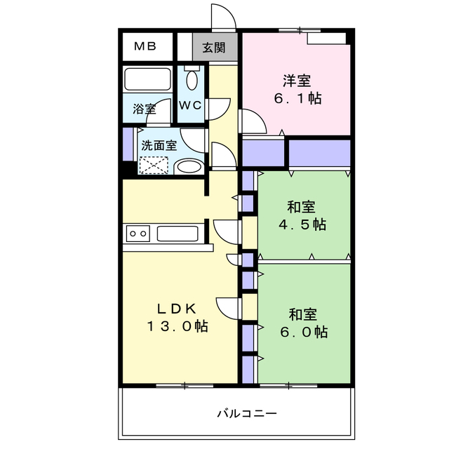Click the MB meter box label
(x=145, y=47)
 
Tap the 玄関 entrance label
(x=214, y=48)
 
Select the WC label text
(x=189, y=105)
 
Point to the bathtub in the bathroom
(x=147, y=79)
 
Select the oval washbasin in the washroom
(x=188, y=167)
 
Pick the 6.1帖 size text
(x=297, y=99)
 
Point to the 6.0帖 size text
(x=302, y=332)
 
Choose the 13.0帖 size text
(x=177, y=326)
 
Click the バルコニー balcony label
(x=246, y=413)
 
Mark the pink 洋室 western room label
(x=298, y=80)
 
